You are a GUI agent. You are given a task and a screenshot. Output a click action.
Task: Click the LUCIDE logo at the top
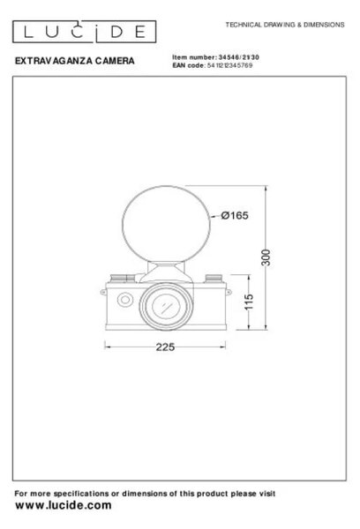coord(84,32)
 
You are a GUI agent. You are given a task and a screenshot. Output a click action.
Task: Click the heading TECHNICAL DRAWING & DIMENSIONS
coord(285,25)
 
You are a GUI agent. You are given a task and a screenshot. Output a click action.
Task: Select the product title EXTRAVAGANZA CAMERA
coord(75,61)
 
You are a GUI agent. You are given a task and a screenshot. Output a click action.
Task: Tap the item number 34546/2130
coord(239,57)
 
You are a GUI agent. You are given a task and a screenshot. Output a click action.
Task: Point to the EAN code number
coord(229,65)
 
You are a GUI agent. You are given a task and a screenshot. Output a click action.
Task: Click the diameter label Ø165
coord(235,215)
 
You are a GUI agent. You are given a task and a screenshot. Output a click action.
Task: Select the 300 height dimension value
coord(266,257)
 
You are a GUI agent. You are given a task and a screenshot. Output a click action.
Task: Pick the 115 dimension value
coord(249,302)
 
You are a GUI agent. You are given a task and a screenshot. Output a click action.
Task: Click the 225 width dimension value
coord(165,346)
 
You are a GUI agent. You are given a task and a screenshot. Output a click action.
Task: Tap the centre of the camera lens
coord(166,306)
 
